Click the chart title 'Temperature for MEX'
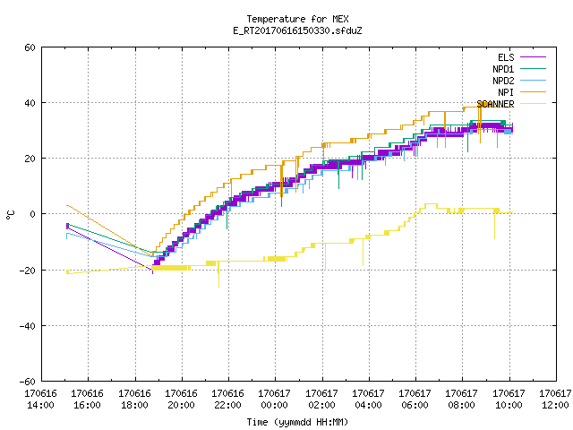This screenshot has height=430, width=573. click(x=297, y=19)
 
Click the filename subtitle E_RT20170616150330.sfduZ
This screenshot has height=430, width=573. click(x=297, y=30)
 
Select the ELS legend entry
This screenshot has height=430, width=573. click(x=521, y=57)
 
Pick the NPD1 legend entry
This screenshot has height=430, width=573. click(x=519, y=69)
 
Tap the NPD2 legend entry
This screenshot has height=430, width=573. click(x=519, y=81)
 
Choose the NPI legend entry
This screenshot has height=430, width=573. click(x=521, y=92)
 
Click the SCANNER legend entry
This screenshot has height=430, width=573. click(x=511, y=104)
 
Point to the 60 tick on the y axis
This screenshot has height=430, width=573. click(x=30, y=47)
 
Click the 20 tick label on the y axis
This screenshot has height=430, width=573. click(x=30, y=159)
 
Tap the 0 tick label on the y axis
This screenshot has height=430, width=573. click(x=32, y=214)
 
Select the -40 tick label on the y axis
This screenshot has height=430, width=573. click(x=28, y=326)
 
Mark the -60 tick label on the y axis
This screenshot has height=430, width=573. click(x=28, y=382)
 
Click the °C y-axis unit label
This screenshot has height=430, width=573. click(x=10, y=215)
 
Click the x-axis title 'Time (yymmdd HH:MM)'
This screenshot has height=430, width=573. click(x=297, y=422)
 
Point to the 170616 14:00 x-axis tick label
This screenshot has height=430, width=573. click(x=41, y=400)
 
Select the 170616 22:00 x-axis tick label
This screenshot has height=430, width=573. click(x=227, y=400)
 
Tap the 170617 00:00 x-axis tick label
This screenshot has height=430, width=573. click(x=275, y=400)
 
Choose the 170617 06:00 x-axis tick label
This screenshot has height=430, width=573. click(x=415, y=400)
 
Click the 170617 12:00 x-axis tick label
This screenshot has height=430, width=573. click(x=555, y=400)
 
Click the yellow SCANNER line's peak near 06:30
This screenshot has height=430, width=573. click(x=431, y=204)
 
